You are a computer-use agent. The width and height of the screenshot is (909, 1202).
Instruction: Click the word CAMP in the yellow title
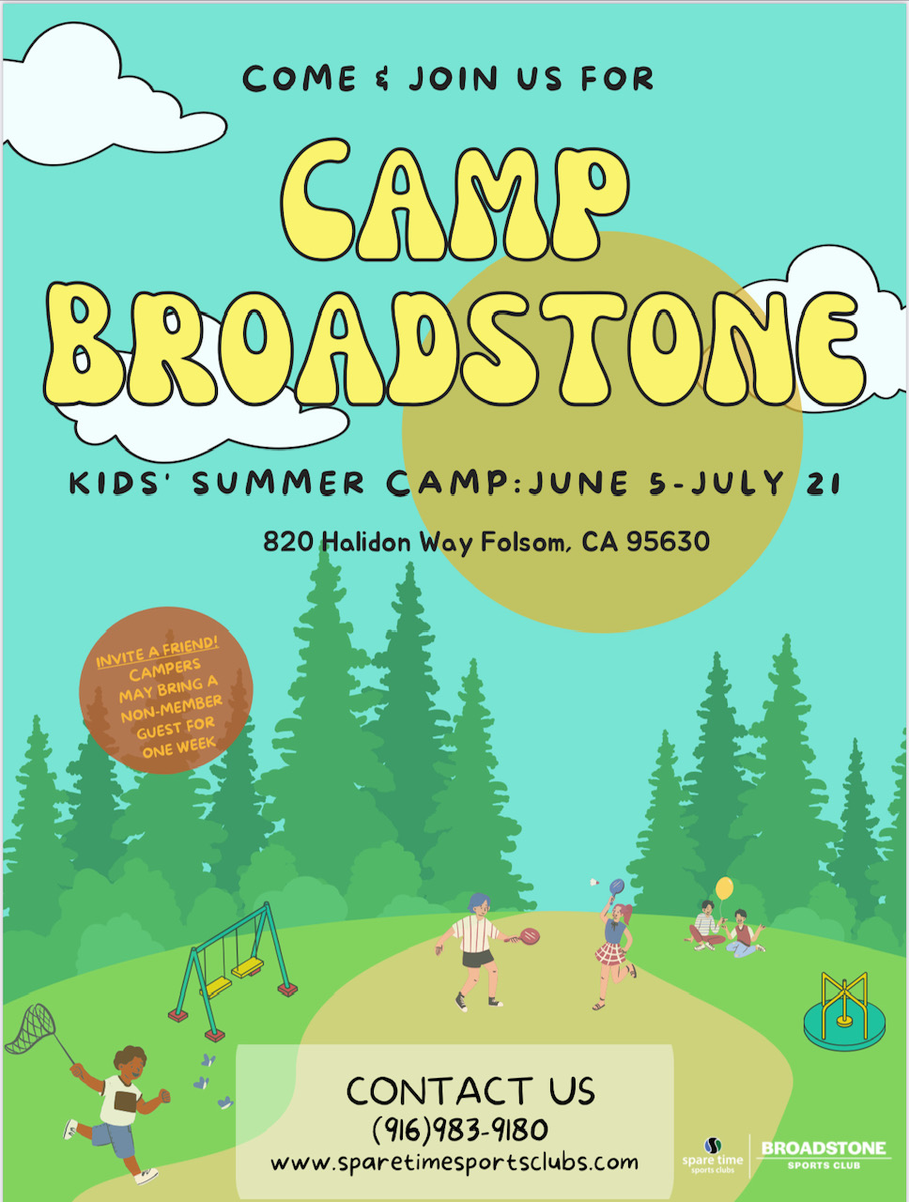pyautogui.click(x=454, y=200)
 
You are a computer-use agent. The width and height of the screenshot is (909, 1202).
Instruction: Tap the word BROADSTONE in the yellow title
pyautogui.click(x=454, y=344)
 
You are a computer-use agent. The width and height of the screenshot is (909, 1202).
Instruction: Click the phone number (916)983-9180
pyautogui.click(x=460, y=1128)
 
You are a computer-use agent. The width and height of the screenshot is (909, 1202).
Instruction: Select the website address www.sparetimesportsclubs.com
pyautogui.click(x=454, y=1162)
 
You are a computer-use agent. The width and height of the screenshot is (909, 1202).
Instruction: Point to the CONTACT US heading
pyautogui.click(x=470, y=1091)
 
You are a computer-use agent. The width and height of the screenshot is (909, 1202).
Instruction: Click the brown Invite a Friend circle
pyautogui.click(x=166, y=690)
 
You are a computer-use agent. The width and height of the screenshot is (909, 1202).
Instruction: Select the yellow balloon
pyautogui.click(x=724, y=887)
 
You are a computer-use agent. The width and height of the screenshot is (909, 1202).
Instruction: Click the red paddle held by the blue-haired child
pyautogui.click(x=529, y=935)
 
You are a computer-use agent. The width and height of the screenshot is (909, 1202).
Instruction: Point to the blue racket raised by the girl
pyautogui.click(x=617, y=886)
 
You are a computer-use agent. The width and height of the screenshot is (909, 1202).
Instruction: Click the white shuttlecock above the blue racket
pyautogui.click(x=594, y=883)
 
